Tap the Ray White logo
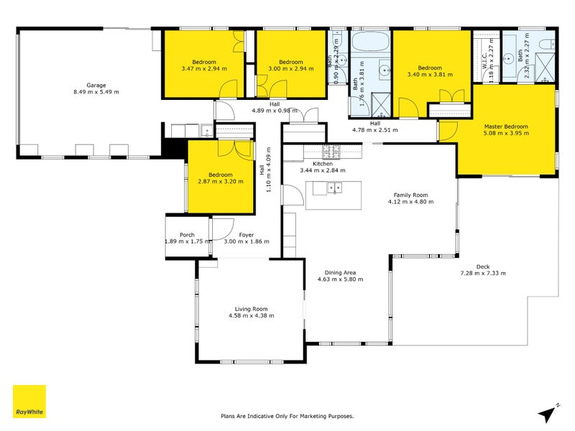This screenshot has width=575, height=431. (x=29, y=402)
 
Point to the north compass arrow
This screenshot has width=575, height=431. (x=548, y=413)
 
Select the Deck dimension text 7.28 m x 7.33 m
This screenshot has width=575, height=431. (x=483, y=273)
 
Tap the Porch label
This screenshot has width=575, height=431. (x=187, y=234)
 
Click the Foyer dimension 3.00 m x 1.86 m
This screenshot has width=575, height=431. (x=247, y=241)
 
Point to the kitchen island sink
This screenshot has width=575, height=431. (x=334, y=188)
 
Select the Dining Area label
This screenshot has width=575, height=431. (x=341, y=272)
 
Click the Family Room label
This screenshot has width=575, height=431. (x=410, y=195)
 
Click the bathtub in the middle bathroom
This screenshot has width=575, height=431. (x=371, y=42)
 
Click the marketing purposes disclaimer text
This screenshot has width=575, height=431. (x=287, y=416)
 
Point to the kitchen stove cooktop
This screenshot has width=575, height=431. (x=331, y=152)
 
